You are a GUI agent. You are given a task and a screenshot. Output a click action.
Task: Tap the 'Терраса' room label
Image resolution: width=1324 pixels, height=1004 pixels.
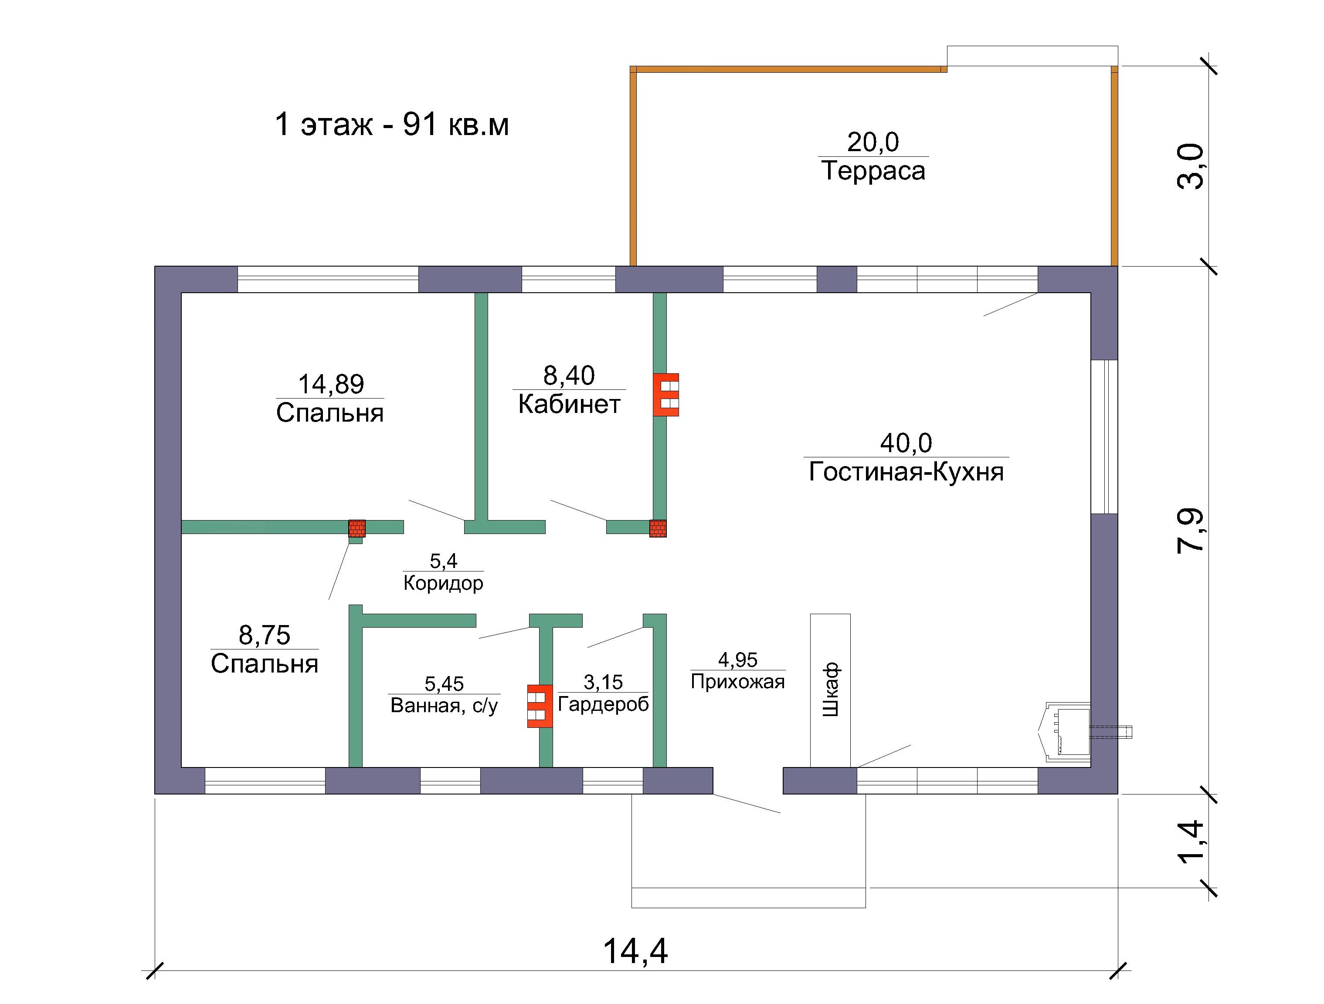pos(873,170)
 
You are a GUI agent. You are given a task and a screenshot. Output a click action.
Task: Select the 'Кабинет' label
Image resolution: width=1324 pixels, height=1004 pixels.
pos(569,405)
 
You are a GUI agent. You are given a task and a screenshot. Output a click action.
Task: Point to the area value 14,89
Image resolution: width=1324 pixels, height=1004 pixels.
pos(331,384)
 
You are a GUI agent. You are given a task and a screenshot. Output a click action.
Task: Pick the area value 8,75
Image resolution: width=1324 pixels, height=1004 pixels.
pos(265,635)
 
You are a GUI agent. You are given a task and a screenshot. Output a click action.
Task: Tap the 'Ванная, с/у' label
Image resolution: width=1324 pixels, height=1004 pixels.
pos(444,706)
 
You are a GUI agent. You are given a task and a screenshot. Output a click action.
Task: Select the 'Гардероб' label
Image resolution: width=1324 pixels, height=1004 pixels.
pos(603,705)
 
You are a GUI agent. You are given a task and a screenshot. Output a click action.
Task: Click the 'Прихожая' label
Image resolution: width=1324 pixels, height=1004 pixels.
pos(737,682)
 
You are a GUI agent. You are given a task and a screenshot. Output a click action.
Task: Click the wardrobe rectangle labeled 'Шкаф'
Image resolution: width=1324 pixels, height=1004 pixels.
pos(830,690)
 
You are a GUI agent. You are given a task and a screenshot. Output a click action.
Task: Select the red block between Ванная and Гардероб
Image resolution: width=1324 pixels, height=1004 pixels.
pos(540,706)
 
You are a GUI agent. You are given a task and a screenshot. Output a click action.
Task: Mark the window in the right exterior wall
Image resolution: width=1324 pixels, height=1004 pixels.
pos(1104,437)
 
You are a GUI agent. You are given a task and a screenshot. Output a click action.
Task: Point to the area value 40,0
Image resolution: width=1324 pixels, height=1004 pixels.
pos(906,443)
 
